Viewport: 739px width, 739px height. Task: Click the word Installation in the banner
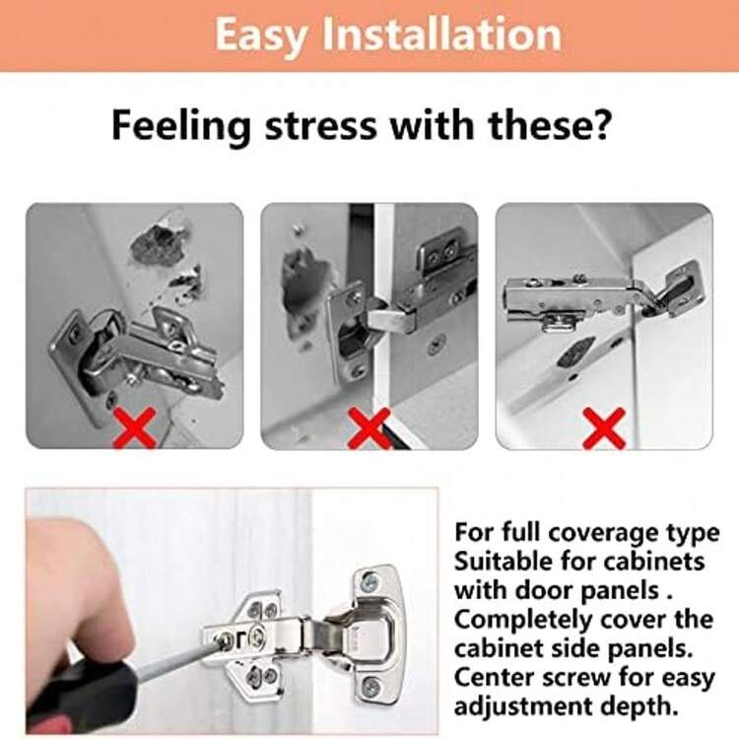click(442, 33)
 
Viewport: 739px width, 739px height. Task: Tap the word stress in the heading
click(321, 126)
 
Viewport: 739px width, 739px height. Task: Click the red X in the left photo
click(135, 427)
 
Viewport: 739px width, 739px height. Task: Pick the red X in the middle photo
click(369, 427)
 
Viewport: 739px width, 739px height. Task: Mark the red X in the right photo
click(604, 427)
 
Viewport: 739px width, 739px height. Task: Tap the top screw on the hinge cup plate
click(369, 582)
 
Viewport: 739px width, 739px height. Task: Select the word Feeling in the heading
click(181, 126)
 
